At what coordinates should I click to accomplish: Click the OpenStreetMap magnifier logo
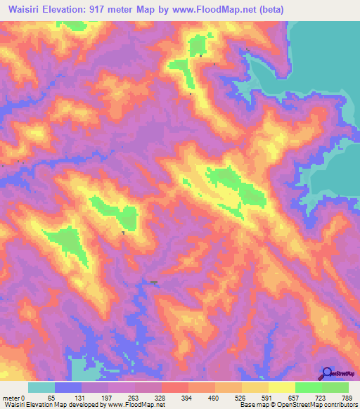pos(327,374)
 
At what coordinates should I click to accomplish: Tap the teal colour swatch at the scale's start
pos(41,387)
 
